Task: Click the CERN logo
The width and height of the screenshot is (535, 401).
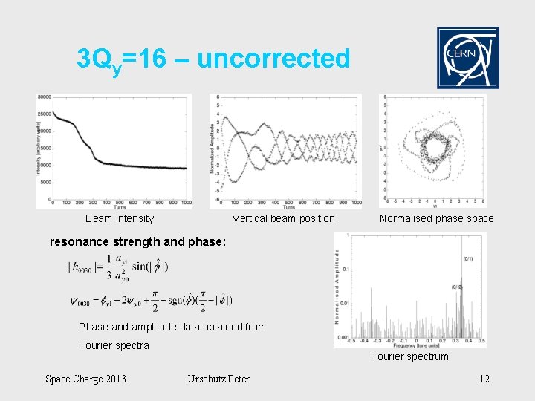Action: [467, 58]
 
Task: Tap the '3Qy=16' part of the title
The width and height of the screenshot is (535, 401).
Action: [121, 59]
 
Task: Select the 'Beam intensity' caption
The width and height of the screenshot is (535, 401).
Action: [120, 218]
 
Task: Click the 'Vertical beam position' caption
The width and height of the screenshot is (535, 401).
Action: [283, 218]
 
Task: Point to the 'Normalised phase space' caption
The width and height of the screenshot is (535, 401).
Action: [436, 218]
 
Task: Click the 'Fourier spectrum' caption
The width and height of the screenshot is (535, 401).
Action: [409, 356]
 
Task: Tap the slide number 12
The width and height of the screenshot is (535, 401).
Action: [484, 379]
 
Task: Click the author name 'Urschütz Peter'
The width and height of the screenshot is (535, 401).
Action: [218, 379]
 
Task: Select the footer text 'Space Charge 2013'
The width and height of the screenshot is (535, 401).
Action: [85, 379]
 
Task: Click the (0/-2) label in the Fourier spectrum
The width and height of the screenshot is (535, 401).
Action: [458, 287]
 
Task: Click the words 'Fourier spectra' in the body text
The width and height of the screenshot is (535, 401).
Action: [114, 345]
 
